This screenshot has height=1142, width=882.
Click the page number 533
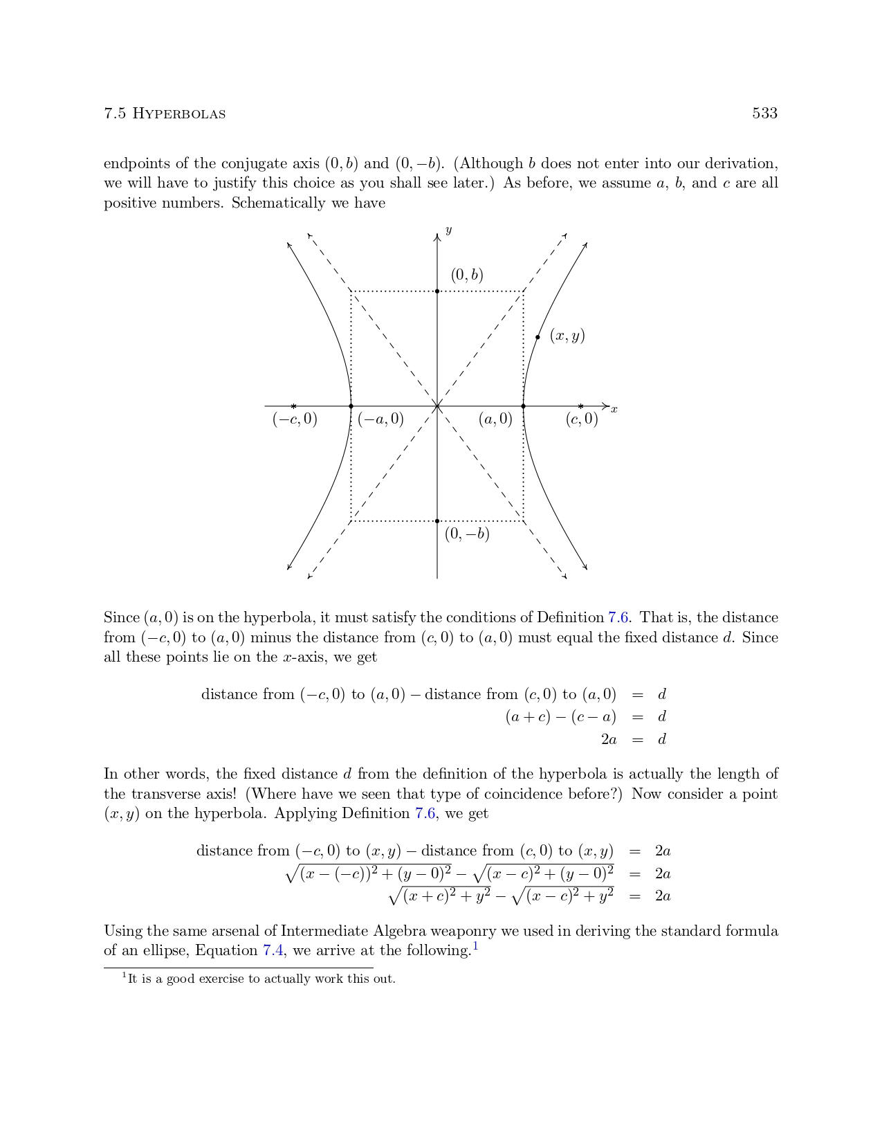point(764,114)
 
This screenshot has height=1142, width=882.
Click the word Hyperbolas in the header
point(178,114)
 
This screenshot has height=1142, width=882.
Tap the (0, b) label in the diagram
point(467,275)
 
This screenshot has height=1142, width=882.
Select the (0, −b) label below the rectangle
point(467,534)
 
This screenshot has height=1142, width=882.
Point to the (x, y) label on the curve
point(567,336)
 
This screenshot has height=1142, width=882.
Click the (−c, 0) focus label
point(295,419)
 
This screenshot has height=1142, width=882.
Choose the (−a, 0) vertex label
point(380,419)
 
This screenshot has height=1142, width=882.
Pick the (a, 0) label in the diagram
point(495,419)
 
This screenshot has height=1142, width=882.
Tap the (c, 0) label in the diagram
point(582,419)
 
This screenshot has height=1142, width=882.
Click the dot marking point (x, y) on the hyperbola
point(538,337)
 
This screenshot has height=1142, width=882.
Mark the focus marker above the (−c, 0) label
point(294,406)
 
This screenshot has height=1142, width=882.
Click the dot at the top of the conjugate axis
point(437,291)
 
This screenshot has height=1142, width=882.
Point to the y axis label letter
point(449,230)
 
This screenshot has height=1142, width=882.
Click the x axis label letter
point(614,410)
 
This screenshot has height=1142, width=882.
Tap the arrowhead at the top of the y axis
point(437,237)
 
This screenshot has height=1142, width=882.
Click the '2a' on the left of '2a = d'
point(609,739)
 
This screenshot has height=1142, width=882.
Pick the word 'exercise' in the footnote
point(221,979)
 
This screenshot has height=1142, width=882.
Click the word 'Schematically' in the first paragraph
point(277,203)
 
